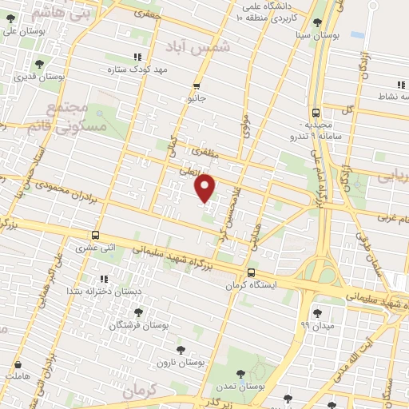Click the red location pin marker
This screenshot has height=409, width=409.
(206, 189)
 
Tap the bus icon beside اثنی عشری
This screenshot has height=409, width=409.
(96, 235)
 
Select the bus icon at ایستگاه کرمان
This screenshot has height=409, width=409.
(252, 273)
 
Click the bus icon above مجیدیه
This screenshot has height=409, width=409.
(316, 113)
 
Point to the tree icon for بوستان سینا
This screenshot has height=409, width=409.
(318, 22)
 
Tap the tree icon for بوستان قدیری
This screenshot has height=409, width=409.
(39, 64)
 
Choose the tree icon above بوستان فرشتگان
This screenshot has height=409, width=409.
(138, 312)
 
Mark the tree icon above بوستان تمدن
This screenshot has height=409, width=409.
(240, 373)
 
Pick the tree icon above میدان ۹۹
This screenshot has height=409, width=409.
(318, 312)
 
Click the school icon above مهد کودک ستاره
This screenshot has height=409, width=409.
(137, 57)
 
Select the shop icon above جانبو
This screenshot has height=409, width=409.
(197, 85)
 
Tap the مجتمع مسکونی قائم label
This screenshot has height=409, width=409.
(55, 117)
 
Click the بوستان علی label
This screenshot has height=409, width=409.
(20, 32)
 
